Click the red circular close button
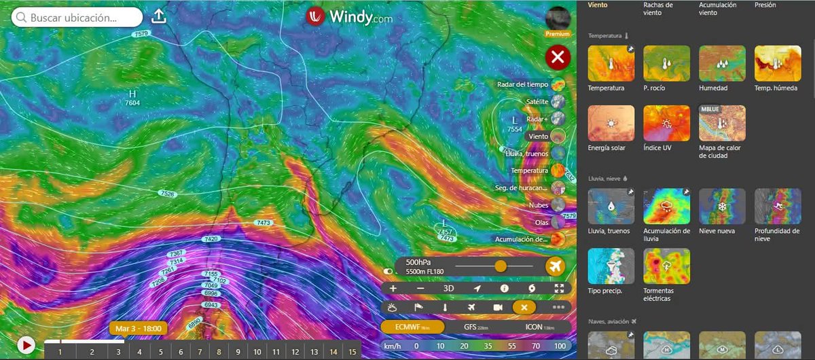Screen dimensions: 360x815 [558, 58]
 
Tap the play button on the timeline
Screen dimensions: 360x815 [26, 345]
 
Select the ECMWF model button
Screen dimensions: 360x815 [413, 327]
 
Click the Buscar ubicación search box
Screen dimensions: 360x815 [76, 18]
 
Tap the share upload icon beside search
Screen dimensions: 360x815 [158, 17]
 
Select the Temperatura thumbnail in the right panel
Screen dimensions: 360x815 [611, 63]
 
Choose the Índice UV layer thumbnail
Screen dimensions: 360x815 [666, 123]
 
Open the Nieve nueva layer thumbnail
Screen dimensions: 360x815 [722, 206]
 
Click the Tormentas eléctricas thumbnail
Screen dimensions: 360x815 [666, 266]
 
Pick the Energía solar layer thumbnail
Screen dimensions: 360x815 [611, 123]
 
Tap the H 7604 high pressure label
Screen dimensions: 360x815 [132, 98]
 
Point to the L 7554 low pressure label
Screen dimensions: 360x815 [515, 124]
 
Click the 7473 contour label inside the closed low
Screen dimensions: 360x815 [447, 238]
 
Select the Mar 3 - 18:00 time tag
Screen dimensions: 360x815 [138, 329]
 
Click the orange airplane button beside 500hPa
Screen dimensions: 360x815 [556, 266]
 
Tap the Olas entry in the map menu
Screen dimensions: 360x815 [541, 222]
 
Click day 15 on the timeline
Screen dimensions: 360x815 [352, 351]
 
